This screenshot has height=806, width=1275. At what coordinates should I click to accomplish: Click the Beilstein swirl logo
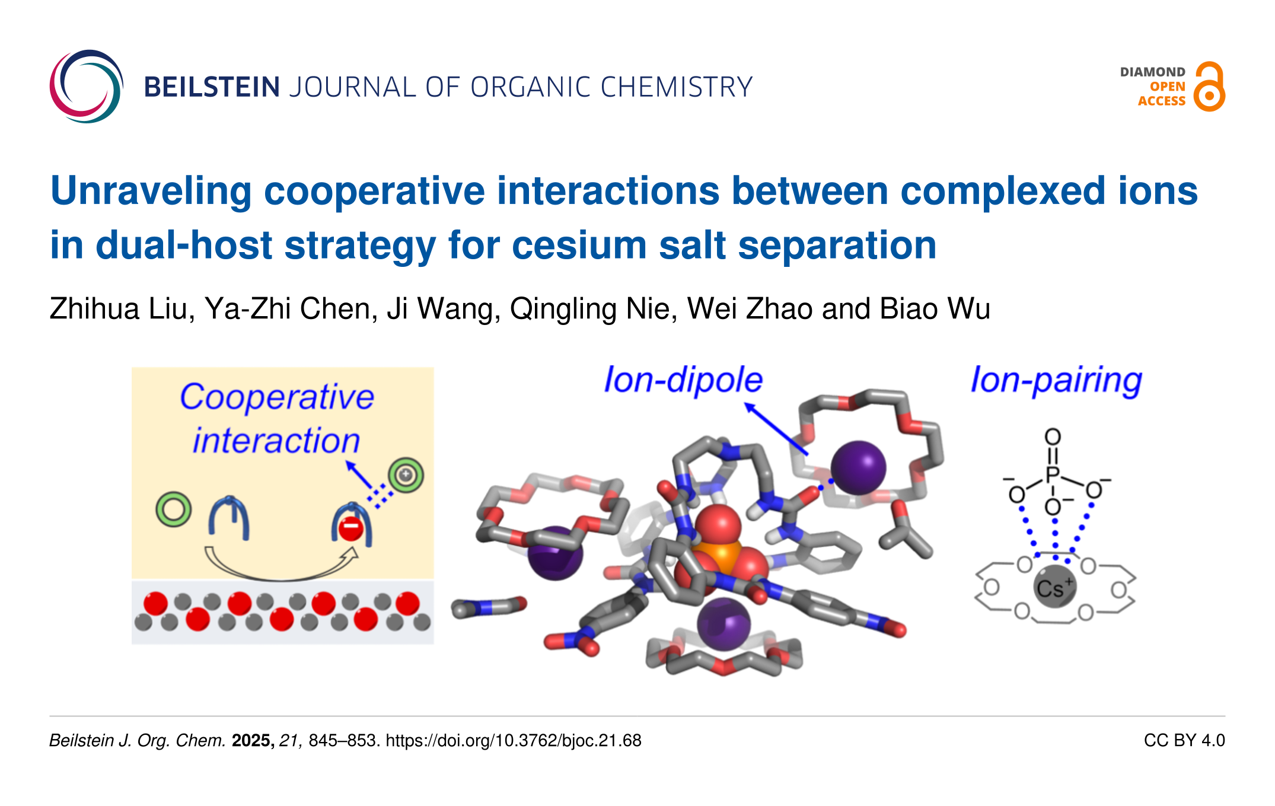(x=86, y=87)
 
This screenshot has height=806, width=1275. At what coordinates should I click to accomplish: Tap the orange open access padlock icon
(x=1209, y=87)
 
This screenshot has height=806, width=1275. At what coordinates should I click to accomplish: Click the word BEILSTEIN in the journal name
(x=212, y=87)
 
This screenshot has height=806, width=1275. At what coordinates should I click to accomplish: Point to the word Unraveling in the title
(x=151, y=191)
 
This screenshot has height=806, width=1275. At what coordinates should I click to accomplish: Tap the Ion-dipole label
(x=683, y=380)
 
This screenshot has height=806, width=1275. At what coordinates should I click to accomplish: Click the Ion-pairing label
(x=1056, y=380)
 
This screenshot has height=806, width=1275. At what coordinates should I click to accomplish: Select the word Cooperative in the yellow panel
(x=276, y=397)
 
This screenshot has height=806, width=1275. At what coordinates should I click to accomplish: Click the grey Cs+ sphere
(x=1054, y=587)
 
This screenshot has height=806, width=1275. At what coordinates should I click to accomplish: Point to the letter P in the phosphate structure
(x=1053, y=474)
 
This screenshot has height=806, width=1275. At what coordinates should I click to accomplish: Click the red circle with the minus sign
(x=350, y=527)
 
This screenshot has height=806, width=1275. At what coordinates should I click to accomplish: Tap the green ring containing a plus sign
(x=406, y=474)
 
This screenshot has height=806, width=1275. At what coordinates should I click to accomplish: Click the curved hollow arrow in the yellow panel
(x=279, y=566)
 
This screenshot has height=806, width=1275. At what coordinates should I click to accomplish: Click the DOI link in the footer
(x=514, y=740)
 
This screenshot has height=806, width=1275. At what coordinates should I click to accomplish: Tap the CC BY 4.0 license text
(x=1184, y=740)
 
